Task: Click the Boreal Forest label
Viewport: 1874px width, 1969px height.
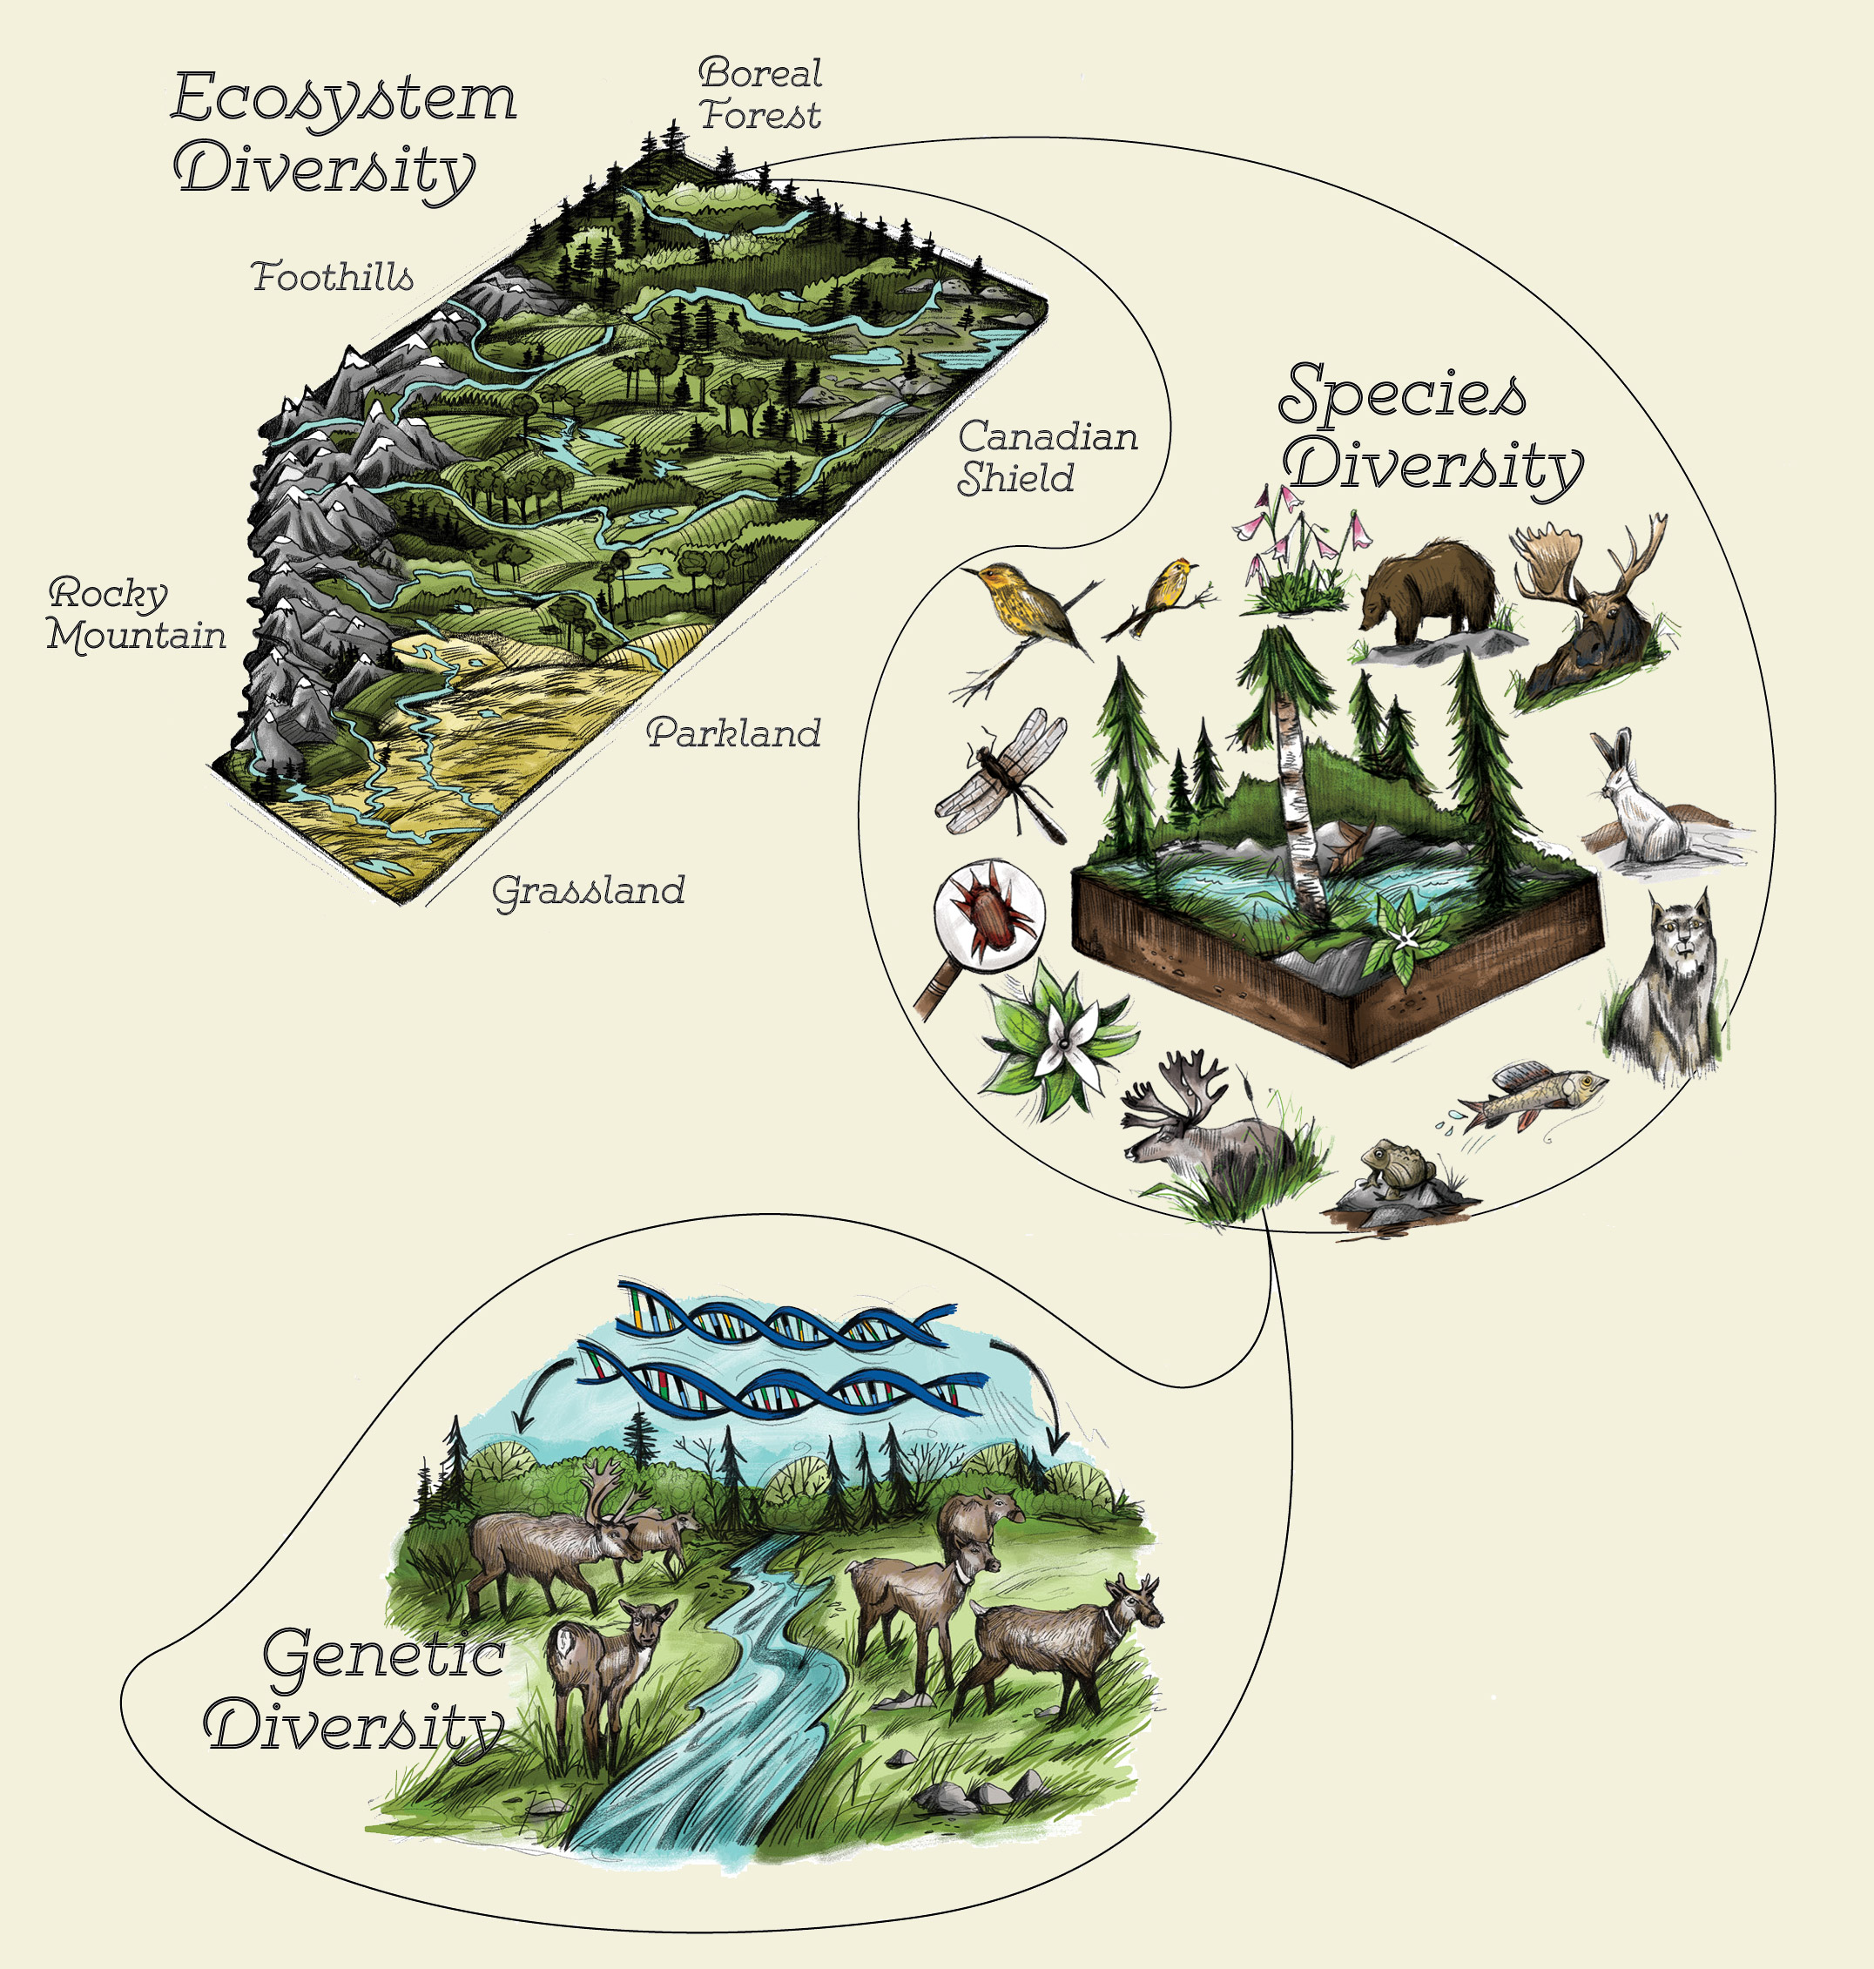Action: point(760,94)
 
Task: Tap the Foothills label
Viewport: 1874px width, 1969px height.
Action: point(333,277)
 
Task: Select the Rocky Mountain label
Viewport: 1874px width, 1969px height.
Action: point(138,614)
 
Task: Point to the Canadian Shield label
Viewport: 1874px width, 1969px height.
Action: point(1047,457)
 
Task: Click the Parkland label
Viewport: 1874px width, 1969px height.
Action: point(734,733)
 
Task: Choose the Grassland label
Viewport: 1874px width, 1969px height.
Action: point(589,891)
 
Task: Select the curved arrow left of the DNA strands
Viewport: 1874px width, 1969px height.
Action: point(539,1389)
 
